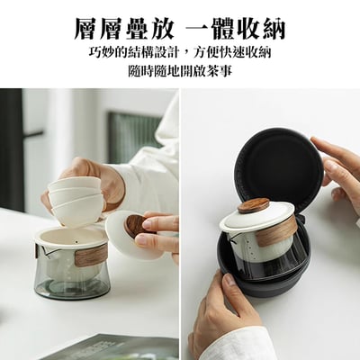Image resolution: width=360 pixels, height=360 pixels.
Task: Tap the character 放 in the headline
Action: click(x=161, y=29)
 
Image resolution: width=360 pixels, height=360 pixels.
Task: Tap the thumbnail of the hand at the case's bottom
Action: click(x=229, y=282)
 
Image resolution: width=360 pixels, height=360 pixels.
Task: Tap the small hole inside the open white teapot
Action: click(x=76, y=242)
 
